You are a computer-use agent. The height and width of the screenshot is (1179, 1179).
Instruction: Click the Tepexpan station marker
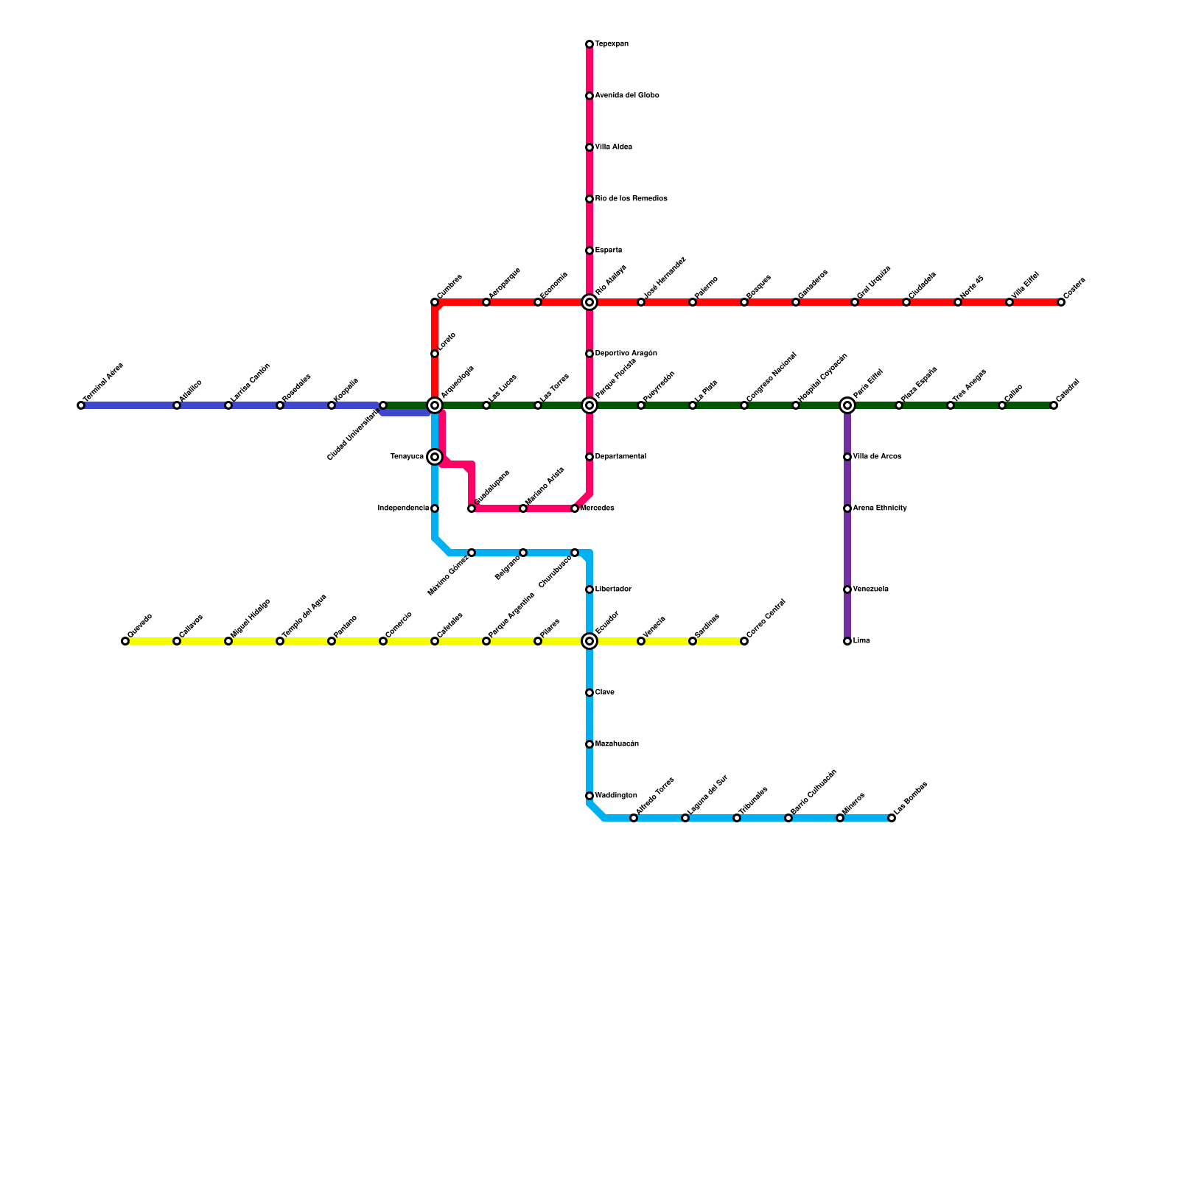[589, 45]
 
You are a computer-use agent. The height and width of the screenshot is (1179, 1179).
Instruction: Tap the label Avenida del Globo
[626, 96]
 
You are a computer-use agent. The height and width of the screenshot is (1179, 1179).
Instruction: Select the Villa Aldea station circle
[589, 148]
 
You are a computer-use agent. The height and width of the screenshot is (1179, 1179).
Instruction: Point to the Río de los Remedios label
[631, 199]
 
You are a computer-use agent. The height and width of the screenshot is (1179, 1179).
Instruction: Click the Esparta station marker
[589, 251]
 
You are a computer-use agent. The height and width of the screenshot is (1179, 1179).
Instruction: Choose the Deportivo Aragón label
[626, 354]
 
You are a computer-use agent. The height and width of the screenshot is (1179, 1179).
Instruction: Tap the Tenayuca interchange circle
[435, 458]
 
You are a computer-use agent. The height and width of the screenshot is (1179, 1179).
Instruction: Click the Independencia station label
[403, 508]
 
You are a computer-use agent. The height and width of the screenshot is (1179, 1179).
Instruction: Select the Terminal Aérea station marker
[81, 406]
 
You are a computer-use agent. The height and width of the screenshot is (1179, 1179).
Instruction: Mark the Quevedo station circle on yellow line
[125, 642]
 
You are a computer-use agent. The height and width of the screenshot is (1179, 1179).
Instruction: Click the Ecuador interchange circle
[589, 642]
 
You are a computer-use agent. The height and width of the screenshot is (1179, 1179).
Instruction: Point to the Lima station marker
[847, 642]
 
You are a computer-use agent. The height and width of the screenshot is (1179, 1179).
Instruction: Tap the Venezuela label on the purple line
[870, 589]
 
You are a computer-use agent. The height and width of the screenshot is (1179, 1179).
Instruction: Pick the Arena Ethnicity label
[880, 508]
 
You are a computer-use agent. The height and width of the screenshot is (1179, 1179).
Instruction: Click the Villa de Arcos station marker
[847, 458]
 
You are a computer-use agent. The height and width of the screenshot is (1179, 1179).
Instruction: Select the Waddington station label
[615, 796]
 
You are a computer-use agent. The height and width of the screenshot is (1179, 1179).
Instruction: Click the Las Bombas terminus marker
[892, 819]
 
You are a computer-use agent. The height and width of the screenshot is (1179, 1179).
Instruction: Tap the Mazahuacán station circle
[589, 745]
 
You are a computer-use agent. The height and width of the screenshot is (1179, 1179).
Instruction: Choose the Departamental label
[620, 457]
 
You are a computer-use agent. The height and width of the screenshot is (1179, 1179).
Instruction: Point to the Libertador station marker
[589, 590]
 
